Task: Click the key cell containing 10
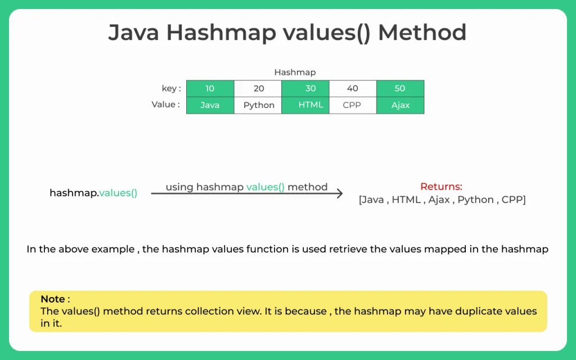[210, 88]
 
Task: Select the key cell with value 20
[258, 88]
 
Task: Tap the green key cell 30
[305, 88]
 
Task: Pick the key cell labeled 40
[352, 88]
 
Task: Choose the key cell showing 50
[400, 88]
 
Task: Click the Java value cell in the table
[210, 105]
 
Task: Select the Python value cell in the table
[258, 105]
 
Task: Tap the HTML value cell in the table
[305, 105]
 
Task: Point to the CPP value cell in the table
[352, 105]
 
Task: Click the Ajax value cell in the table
[400, 105]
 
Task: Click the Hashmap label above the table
[295, 72]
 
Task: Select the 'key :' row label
[171, 88]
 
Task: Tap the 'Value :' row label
[166, 105]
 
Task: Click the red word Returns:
[441, 187]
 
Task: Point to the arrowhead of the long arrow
[339, 193]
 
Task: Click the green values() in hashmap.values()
[118, 193]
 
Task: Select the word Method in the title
[422, 33]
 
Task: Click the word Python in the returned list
[475, 200]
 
